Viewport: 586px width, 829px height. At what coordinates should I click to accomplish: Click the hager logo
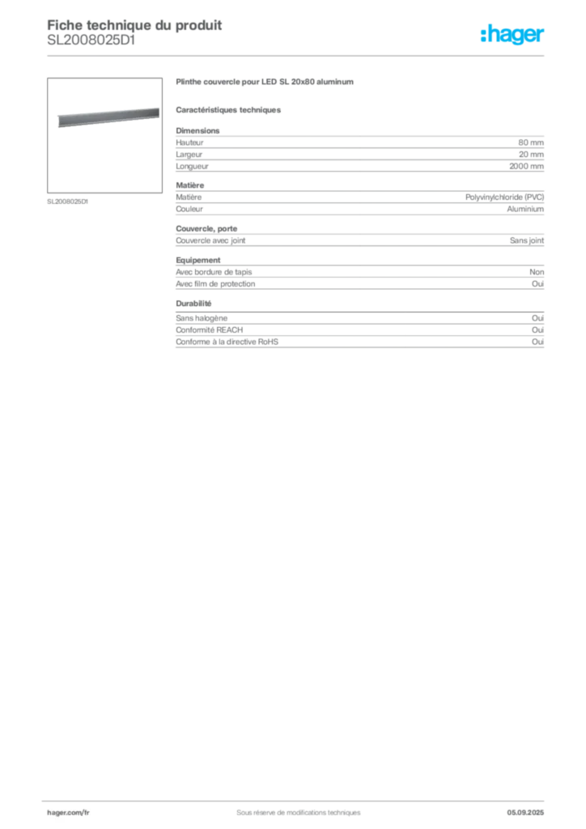(512, 35)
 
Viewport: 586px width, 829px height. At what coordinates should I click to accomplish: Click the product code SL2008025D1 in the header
(91, 40)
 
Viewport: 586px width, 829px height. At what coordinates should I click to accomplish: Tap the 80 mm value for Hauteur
(530, 142)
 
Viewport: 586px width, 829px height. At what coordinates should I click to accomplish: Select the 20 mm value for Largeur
(531, 155)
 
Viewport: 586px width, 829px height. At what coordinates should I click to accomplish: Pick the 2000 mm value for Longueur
(526, 166)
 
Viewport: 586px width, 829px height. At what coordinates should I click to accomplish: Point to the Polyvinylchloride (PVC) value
(504, 198)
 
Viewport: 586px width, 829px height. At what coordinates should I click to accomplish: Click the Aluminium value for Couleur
(525, 209)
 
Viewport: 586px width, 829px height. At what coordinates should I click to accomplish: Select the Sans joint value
(527, 240)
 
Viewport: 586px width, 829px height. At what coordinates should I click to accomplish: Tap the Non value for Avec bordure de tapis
(537, 272)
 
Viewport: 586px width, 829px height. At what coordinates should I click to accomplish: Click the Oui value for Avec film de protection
(537, 284)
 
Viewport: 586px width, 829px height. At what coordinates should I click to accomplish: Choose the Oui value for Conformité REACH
(537, 330)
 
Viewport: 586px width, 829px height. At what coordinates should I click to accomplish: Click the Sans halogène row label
(202, 318)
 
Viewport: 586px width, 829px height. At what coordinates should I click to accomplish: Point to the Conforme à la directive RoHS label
(227, 342)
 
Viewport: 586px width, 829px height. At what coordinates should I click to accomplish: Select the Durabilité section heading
(193, 304)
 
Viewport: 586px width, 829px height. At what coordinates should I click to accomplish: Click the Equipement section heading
(198, 260)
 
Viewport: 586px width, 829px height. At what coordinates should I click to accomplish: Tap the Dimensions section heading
(197, 130)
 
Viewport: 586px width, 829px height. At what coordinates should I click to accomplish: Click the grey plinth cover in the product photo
(108, 117)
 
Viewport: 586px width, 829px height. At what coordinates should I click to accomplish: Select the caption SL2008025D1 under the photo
(68, 202)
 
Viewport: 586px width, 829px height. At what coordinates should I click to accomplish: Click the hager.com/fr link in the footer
(68, 813)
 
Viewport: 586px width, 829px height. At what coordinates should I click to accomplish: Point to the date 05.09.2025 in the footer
(525, 813)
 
